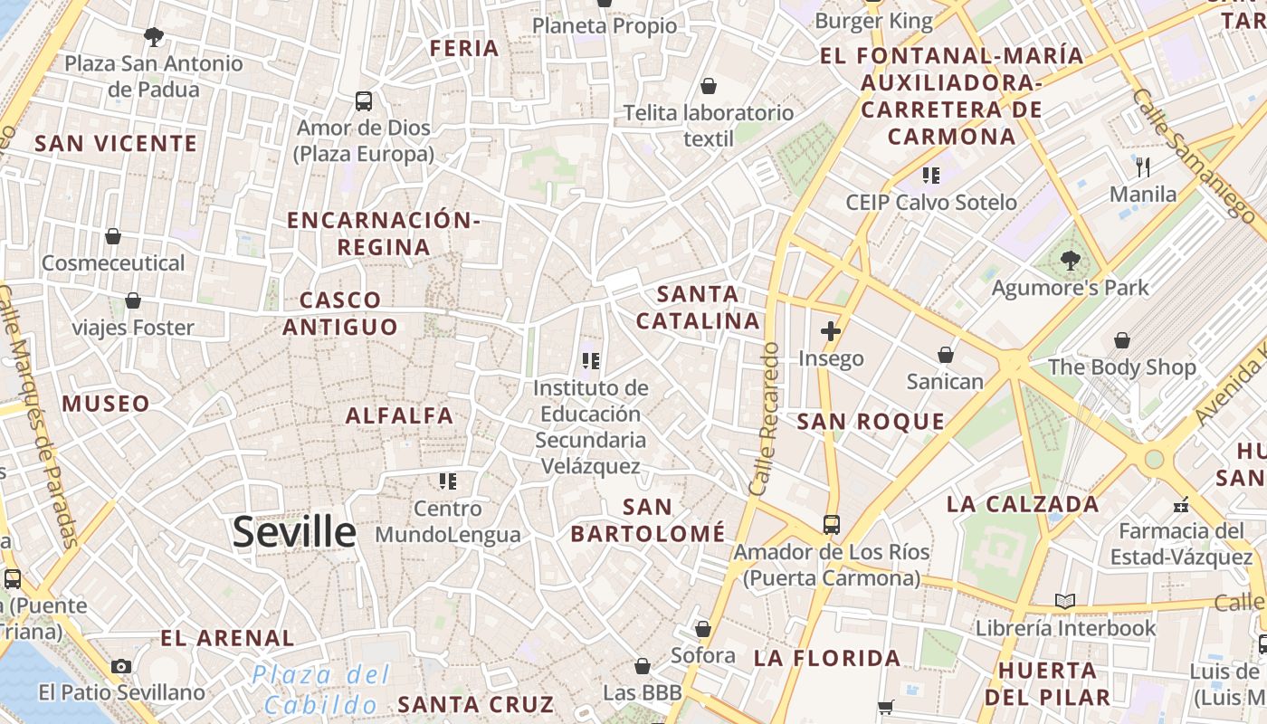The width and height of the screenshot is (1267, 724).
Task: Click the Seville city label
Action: (x=294, y=532)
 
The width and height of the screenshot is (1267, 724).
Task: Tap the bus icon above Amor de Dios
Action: (x=364, y=100)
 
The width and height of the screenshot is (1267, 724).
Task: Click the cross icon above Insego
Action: (x=830, y=330)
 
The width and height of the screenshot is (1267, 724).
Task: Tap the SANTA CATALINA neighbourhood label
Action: (x=698, y=308)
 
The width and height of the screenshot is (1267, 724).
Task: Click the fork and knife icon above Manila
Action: (x=1143, y=167)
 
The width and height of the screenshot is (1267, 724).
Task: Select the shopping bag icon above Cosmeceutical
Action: (x=113, y=236)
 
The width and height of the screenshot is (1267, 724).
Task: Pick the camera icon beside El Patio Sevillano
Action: (x=121, y=666)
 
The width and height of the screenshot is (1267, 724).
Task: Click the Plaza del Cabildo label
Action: (x=321, y=690)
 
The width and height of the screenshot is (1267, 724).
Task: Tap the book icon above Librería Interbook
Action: (x=1065, y=601)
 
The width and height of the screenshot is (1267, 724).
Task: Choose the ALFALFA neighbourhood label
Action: (x=399, y=415)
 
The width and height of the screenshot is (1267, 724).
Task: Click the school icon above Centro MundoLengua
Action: (x=447, y=481)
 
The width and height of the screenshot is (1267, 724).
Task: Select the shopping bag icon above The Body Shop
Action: (x=1122, y=340)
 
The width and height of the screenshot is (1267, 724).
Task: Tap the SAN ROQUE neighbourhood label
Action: (x=871, y=422)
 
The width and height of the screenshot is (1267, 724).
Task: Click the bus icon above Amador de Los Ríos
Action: (x=831, y=524)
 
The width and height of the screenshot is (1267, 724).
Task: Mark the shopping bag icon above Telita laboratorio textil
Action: (x=709, y=86)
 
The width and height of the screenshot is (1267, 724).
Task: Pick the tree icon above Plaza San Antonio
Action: (x=154, y=36)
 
